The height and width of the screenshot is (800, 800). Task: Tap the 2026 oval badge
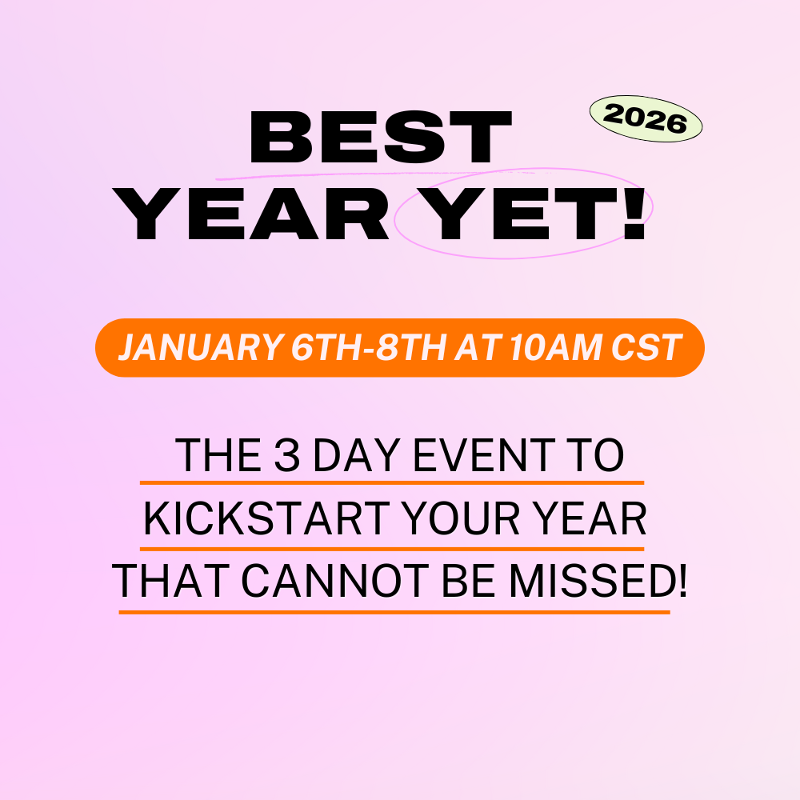(x=645, y=121)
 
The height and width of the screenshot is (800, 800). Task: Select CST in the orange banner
(x=646, y=348)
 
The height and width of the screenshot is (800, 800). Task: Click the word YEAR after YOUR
(x=597, y=522)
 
